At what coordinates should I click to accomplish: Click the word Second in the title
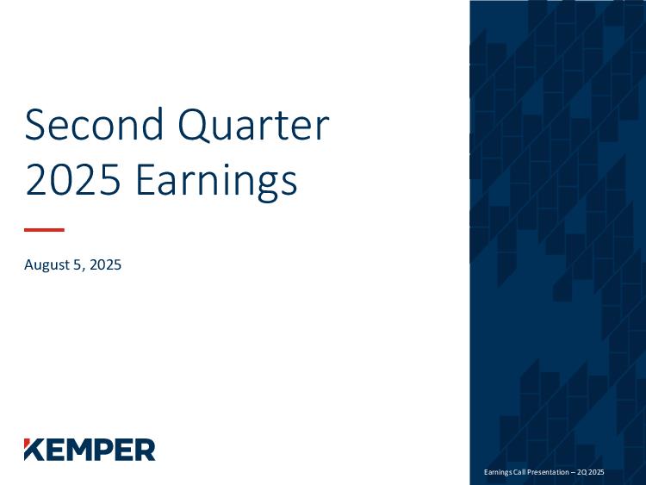pos(94,124)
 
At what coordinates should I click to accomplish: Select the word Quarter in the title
pos(253,125)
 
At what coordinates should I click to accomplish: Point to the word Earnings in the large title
pos(216,182)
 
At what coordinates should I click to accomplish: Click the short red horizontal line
pos(44,229)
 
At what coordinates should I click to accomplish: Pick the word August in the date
pos(47,265)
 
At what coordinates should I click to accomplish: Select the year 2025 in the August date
pos(105,264)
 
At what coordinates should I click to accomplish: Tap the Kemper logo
pos(90,450)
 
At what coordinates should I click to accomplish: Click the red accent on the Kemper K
pos(27,443)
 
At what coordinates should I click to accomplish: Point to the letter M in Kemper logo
pos(84,450)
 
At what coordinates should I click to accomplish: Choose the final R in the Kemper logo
pos(145,450)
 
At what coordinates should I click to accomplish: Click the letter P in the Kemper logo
pos(110,450)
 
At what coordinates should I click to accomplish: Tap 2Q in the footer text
pos(581,472)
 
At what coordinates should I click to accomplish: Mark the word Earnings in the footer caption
pos(498,473)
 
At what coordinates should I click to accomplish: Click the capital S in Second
pos(34,124)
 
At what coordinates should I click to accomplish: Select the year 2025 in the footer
pos(596,472)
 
